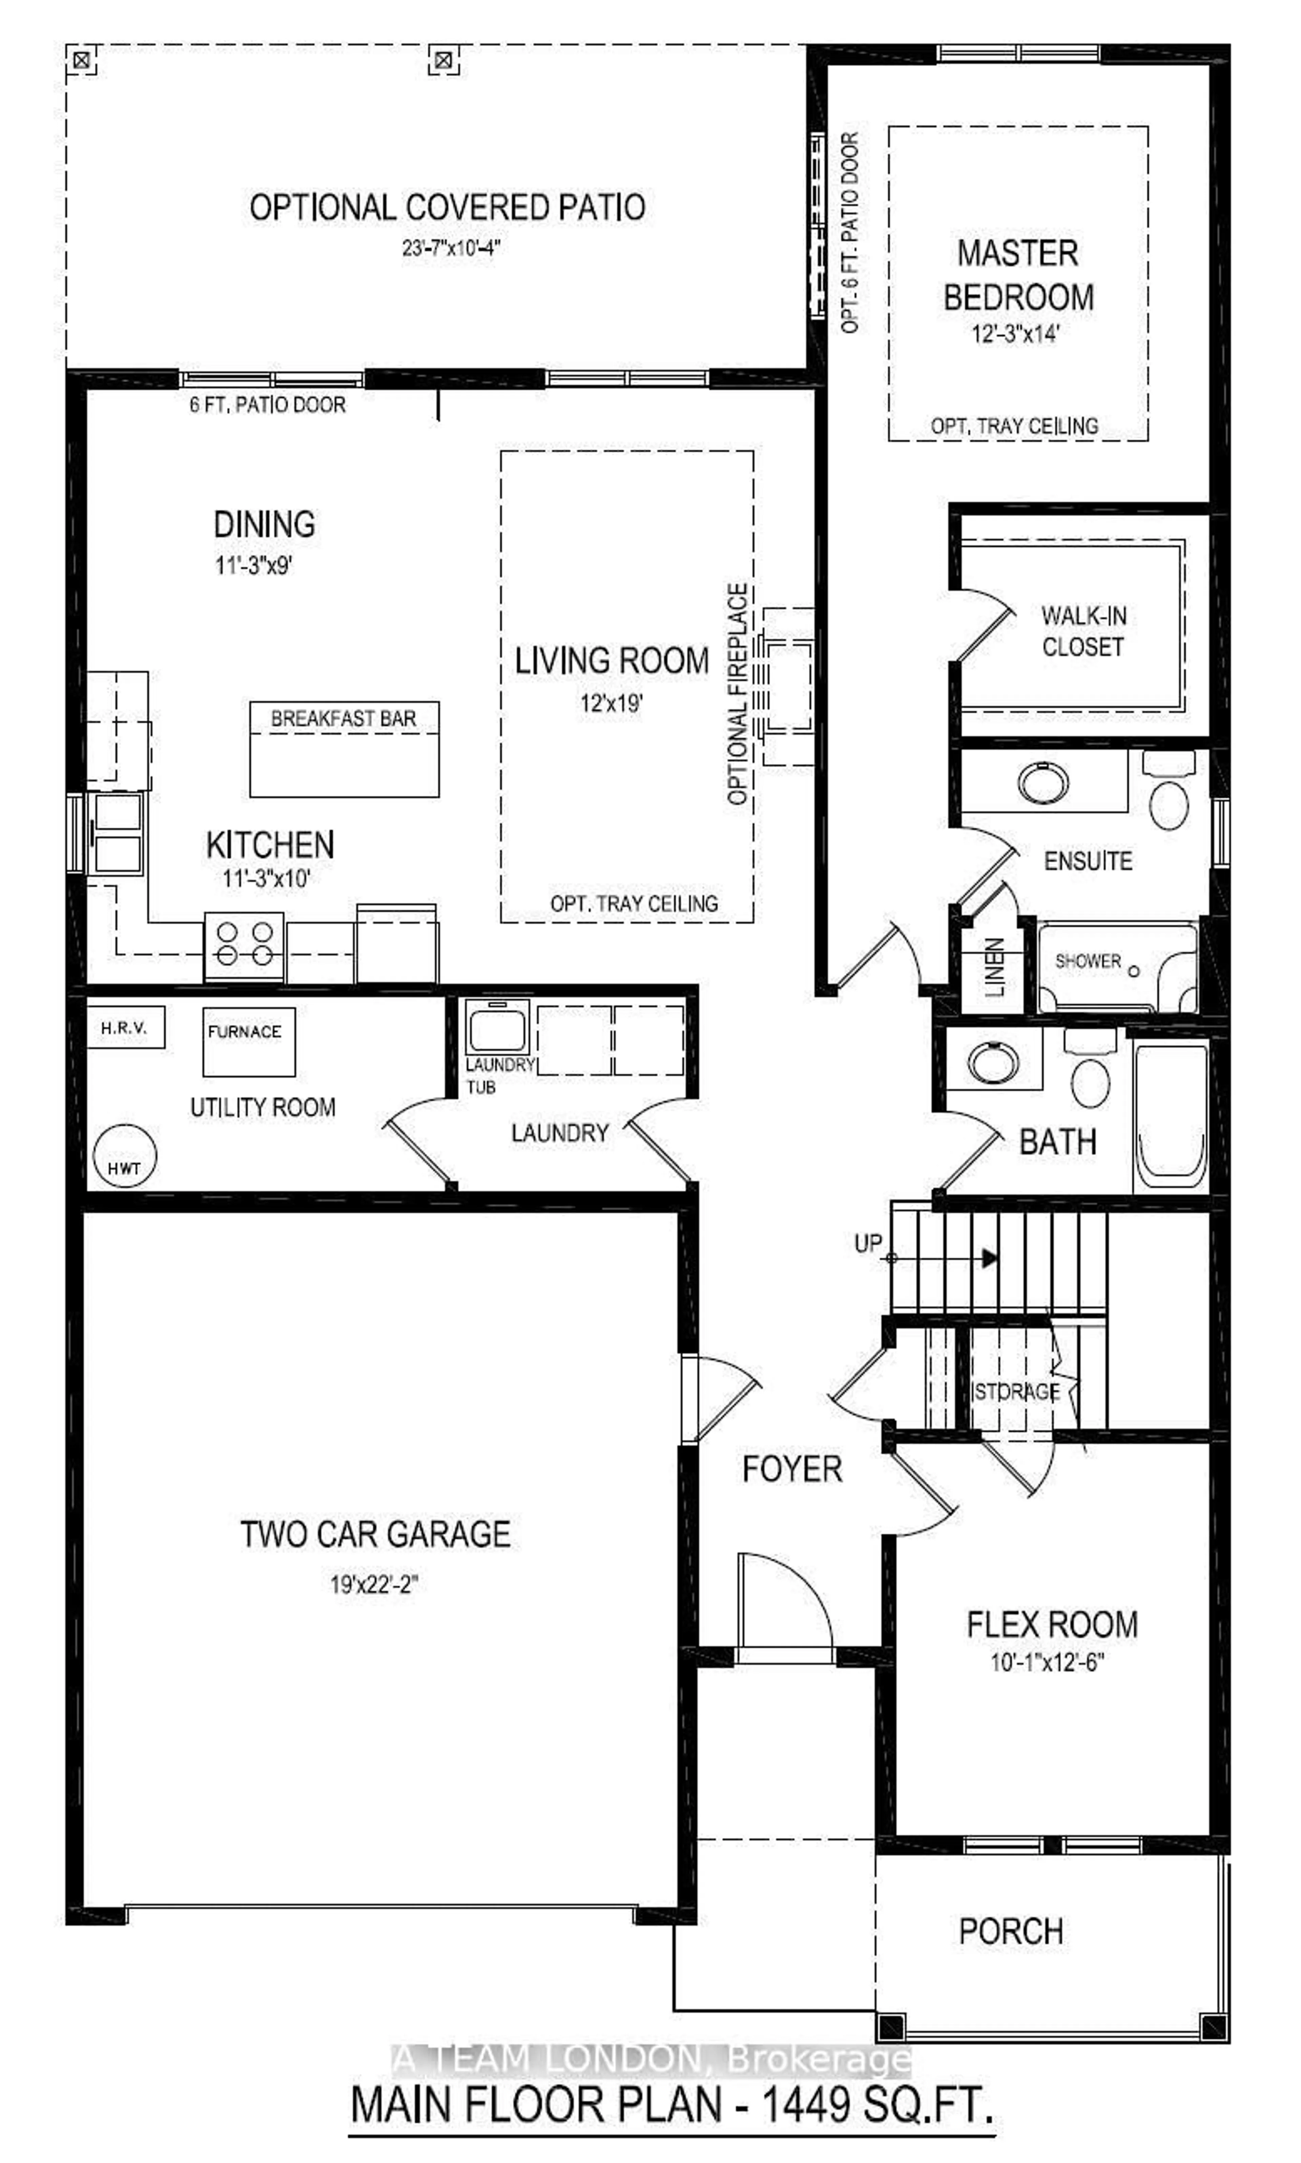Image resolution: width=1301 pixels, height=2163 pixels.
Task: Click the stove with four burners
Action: [x=244, y=944]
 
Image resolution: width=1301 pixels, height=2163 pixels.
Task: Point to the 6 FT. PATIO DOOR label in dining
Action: [x=267, y=405]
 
